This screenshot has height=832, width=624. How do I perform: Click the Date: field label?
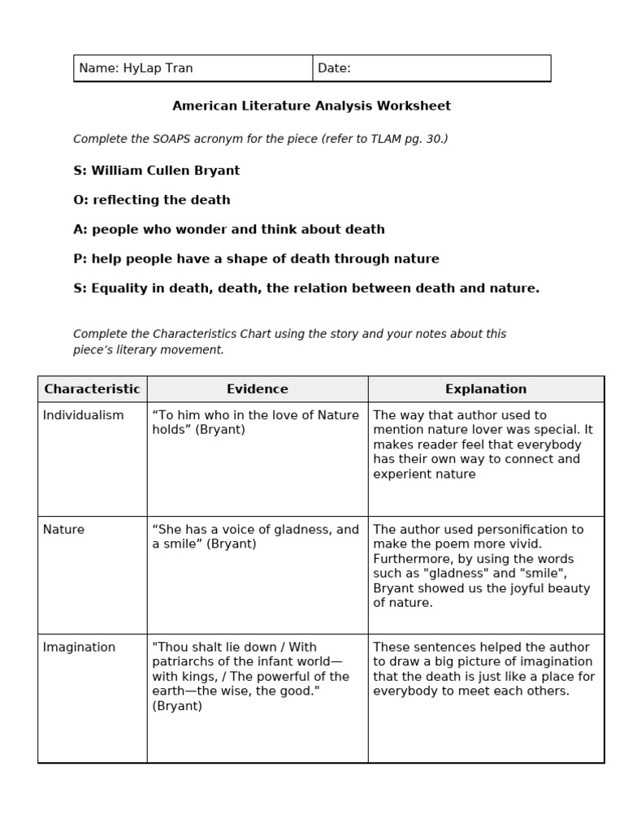point(334,68)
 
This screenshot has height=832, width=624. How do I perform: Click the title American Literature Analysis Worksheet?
point(311,106)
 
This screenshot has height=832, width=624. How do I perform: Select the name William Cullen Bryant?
point(166,171)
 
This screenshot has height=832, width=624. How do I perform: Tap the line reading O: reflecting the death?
point(152,200)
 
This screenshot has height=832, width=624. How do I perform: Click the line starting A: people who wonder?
point(229,229)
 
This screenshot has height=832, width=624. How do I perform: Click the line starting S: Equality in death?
point(306,288)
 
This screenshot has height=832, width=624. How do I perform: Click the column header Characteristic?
point(92,389)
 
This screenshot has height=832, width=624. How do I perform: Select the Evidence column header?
point(257,389)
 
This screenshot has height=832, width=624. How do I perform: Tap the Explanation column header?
point(486,389)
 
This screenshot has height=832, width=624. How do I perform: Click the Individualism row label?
point(83,415)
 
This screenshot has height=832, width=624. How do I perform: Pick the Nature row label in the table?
point(63,530)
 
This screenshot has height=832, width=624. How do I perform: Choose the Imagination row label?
point(79,648)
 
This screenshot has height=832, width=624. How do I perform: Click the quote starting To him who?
point(255,422)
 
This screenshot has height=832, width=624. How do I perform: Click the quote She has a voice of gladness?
point(255,536)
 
